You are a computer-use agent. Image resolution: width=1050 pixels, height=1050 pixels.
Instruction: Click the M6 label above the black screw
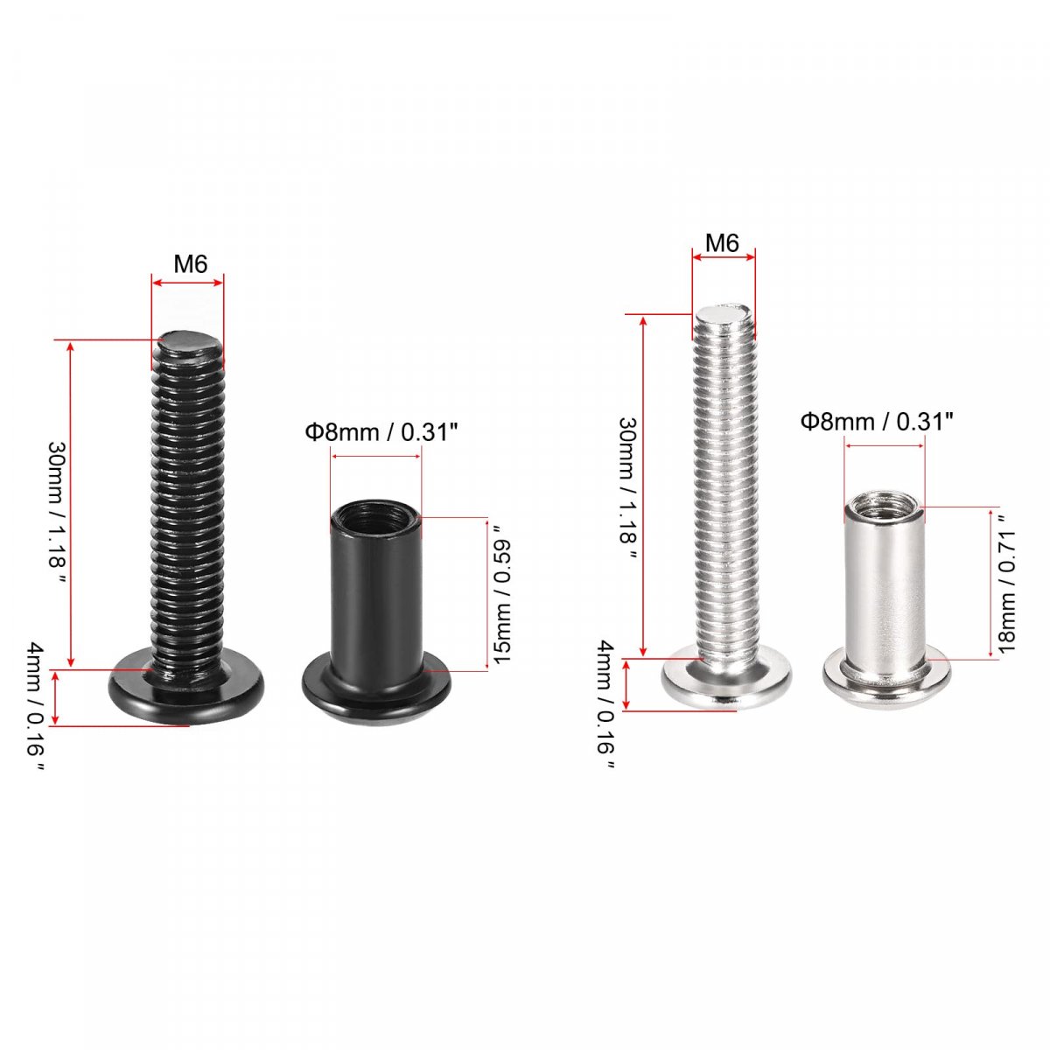click(190, 264)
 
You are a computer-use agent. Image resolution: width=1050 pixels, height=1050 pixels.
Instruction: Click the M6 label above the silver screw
click(722, 242)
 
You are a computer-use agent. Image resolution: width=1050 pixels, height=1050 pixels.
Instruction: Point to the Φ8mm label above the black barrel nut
click(381, 432)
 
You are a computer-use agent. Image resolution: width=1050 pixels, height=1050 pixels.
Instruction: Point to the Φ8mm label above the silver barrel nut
click(877, 421)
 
